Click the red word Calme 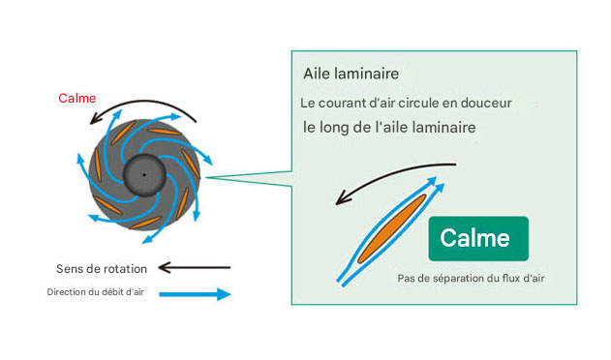pyautogui.click(x=76, y=99)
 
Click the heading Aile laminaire pyautogui.click(x=351, y=74)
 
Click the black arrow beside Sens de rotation pyautogui.click(x=194, y=266)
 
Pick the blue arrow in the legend pyautogui.click(x=194, y=293)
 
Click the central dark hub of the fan pyautogui.click(x=144, y=174)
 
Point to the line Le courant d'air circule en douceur pyautogui.click(x=406, y=103)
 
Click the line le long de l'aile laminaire pyautogui.click(x=395, y=127)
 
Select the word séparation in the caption pyautogui.click(x=457, y=279)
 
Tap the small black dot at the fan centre pyautogui.click(x=144, y=174)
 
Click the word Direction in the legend pyautogui.click(x=64, y=292)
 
